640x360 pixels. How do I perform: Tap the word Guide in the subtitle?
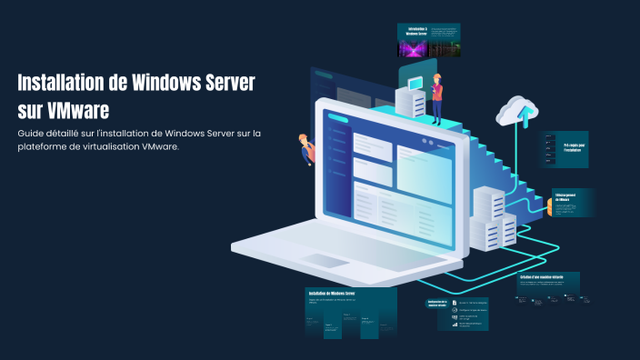[32, 134]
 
